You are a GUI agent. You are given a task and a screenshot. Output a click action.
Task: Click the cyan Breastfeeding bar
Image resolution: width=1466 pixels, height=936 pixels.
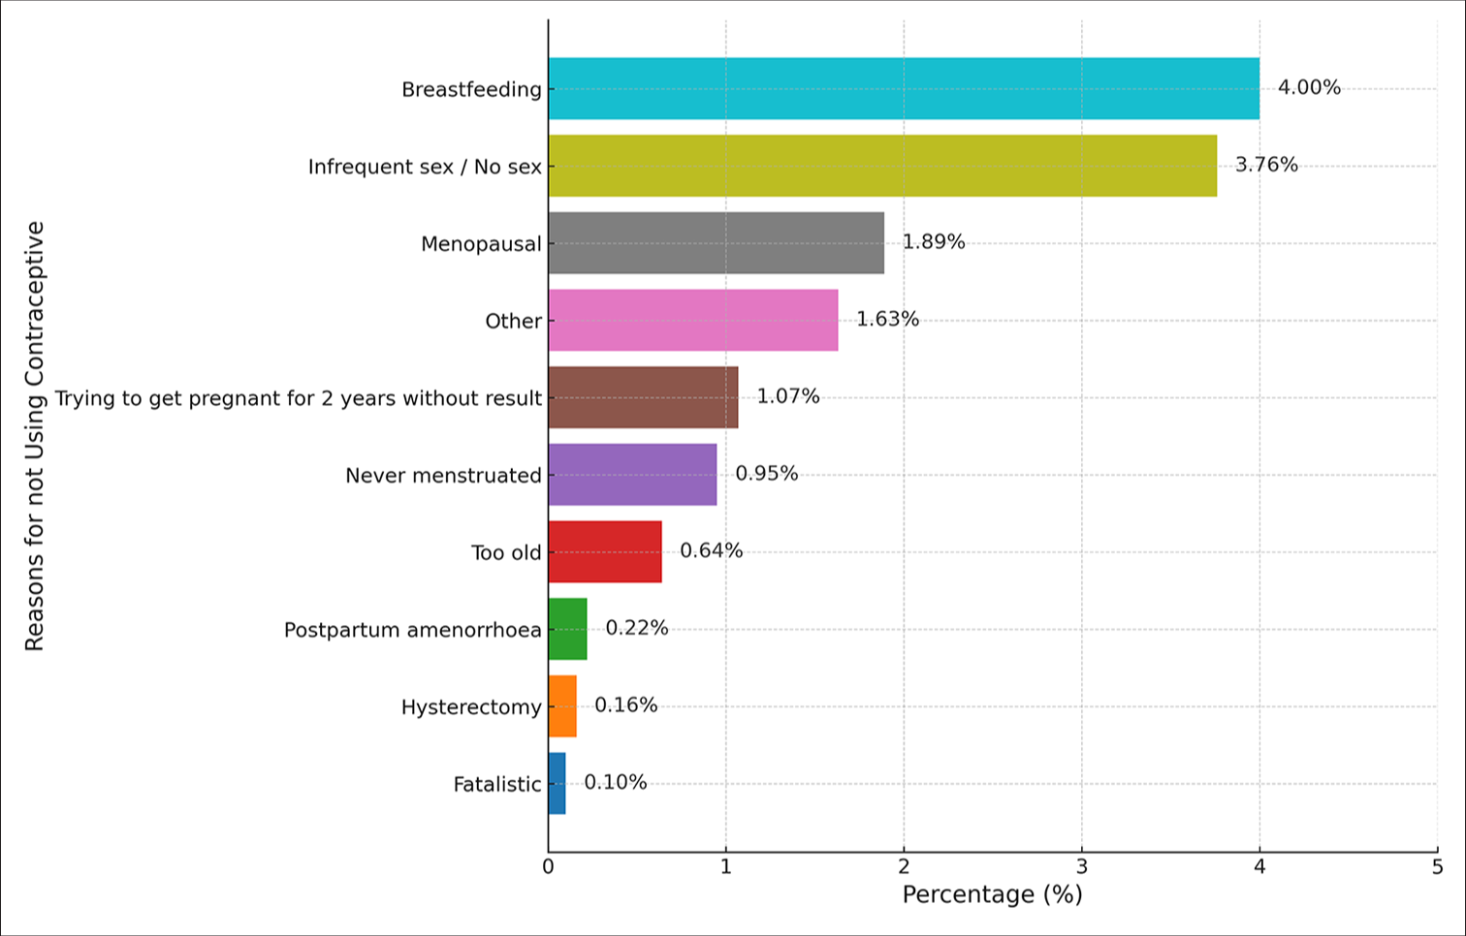coord(904,88)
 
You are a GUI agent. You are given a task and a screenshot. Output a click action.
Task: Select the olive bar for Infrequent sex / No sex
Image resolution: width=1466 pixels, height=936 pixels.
coord(882,166)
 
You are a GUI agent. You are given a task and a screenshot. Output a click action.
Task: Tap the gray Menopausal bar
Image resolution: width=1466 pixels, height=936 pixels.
coord(716,243)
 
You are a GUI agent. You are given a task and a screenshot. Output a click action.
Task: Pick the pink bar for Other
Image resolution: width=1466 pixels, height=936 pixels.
coord(693,320)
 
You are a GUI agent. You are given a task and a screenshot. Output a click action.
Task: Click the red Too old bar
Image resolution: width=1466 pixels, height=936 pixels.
coord(605,551)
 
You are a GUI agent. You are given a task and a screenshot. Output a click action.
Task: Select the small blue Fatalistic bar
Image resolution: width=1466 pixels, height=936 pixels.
coord(557,783)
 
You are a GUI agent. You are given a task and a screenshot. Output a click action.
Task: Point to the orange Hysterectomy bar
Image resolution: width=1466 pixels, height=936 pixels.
coord(562,706)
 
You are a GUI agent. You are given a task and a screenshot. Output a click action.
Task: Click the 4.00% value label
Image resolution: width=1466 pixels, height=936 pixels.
coord(1309,87)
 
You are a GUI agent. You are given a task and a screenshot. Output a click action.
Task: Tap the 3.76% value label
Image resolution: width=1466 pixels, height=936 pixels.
coord(1266,165)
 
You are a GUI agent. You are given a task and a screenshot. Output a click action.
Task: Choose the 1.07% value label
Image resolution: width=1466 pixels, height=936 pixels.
coord(788,396)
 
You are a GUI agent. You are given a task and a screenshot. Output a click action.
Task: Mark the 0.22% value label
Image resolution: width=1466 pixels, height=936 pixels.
coord(637,628)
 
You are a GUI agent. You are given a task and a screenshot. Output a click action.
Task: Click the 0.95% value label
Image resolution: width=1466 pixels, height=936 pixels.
coord(767,474)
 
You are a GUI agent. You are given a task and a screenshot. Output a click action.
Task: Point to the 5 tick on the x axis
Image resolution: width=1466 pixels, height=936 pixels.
coord(1437,867)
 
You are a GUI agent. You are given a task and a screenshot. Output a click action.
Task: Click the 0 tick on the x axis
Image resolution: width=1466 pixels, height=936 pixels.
coord(548,867)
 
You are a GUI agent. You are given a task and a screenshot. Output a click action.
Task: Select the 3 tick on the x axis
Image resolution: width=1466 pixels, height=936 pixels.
coord(1081,867)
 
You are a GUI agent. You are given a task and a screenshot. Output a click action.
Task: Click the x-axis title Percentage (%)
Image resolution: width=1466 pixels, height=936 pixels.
coord(992,894)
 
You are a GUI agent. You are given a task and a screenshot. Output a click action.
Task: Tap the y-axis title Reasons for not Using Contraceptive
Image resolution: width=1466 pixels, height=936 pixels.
coord(35,436)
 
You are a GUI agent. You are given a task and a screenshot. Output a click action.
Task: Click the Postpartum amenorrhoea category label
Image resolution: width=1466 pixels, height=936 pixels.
coord(412,630)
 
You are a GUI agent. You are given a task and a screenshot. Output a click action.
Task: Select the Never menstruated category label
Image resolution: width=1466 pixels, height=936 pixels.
coord(443,476)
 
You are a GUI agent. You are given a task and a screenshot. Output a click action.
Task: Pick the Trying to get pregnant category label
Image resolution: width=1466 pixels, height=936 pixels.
coord(298,398)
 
